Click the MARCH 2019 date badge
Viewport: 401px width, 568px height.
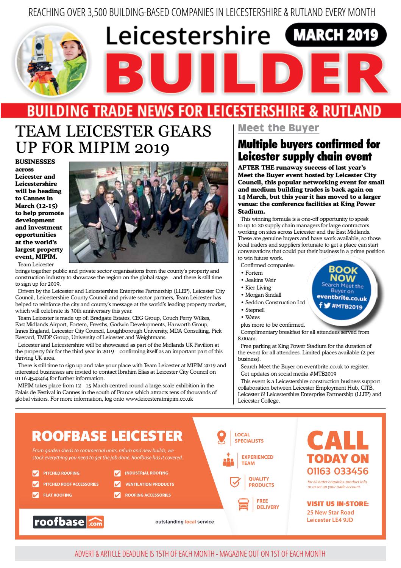(x=335, y=35)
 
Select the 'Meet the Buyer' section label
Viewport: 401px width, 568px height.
(x=278, y=128)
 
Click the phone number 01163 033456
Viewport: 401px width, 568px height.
(x=337, y=471)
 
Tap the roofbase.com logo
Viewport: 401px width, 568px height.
(x=68, y=522)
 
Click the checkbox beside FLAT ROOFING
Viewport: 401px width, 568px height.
(x=36, y=495)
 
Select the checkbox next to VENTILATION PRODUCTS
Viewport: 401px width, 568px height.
(x=117, y=484)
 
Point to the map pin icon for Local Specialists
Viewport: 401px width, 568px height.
(x=222, y=437)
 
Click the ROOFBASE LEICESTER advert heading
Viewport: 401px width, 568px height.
(x=107, y=436)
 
